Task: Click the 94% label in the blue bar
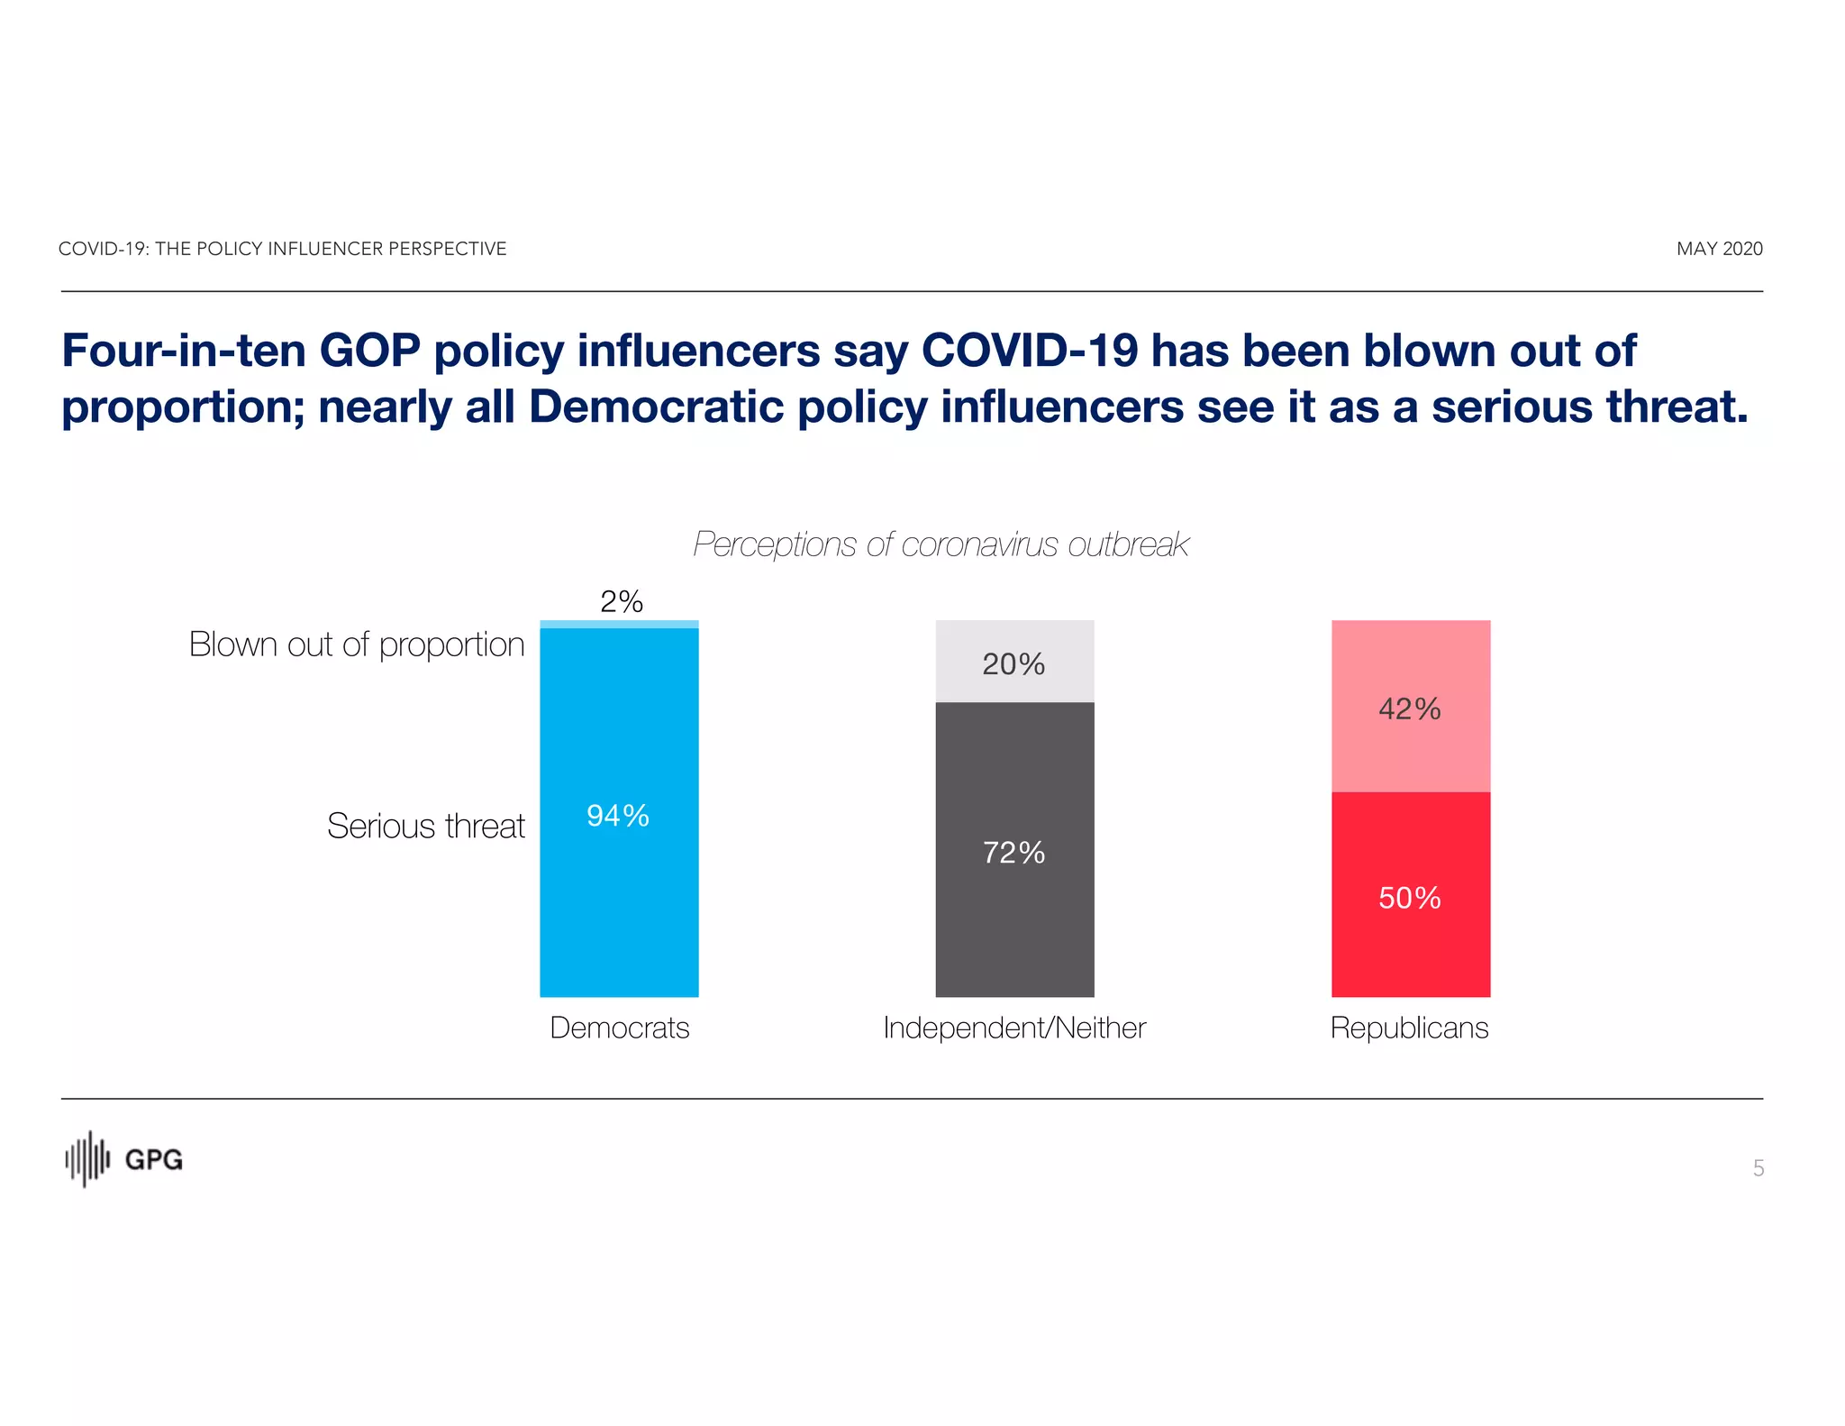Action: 618,816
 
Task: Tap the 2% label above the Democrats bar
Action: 622,602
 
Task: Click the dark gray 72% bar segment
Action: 1014,852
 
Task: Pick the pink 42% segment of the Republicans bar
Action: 1410,708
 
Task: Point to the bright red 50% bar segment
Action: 1410,897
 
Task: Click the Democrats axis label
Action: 620,1028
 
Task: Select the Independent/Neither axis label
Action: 1014,1028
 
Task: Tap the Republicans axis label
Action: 1409,1028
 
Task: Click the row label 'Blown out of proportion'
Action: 357,644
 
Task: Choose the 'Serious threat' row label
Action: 425,826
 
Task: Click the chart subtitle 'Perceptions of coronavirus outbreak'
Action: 941,544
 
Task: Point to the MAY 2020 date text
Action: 1719,249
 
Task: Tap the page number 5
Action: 1758,1168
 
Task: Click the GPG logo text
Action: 153,1160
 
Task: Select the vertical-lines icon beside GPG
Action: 87,1159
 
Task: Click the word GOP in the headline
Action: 369,351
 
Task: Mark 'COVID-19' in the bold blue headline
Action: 1030,351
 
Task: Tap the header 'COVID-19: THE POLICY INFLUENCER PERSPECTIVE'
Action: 282,249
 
